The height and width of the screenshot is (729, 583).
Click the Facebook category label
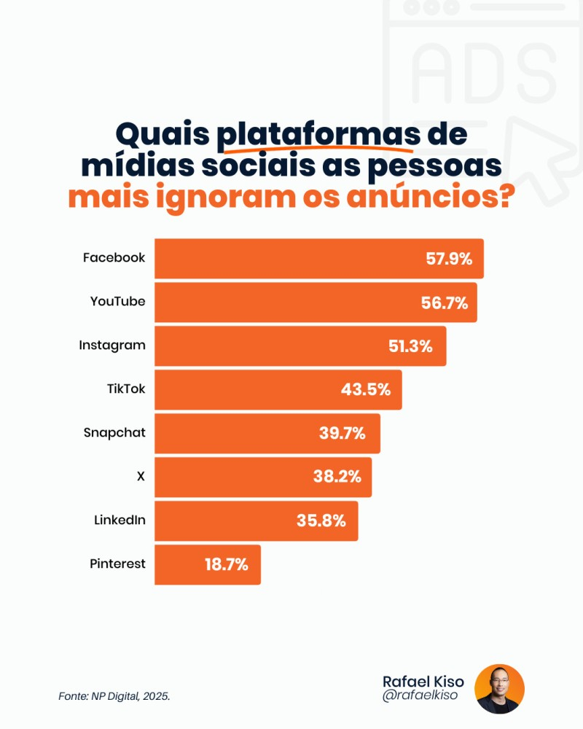[114, 257]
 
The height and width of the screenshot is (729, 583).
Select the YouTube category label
[117, 301]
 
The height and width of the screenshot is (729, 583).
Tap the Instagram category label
[112, 345]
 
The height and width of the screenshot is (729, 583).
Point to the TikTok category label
[125, 389]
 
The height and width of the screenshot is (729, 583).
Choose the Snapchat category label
[114, 432]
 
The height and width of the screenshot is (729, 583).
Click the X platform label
[141, 476]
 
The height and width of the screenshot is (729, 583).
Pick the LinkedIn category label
[120, 520]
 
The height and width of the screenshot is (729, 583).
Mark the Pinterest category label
[117, 564]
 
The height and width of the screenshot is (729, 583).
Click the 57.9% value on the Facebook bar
[450, 259]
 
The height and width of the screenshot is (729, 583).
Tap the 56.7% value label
[444, 303]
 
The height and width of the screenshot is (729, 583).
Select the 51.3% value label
[410, 346]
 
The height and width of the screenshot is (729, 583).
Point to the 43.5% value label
[366, 389]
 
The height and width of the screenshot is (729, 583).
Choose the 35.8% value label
[321, 521]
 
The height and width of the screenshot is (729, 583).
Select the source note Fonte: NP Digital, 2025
[114, 696]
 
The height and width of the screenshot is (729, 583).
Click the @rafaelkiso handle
[420, 696]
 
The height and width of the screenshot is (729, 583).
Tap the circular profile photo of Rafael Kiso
[499, 689]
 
